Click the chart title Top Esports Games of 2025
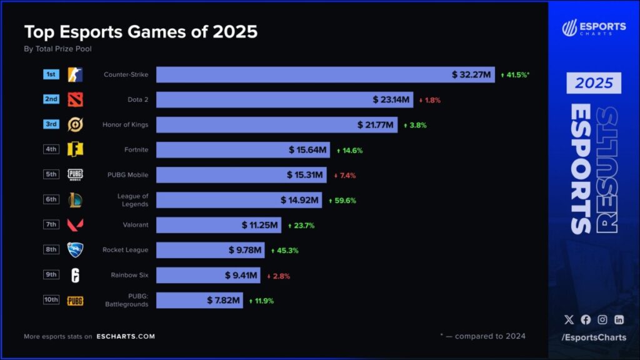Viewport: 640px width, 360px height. [x=141, y=32]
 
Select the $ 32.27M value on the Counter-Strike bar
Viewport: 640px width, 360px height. [x=473, y=74]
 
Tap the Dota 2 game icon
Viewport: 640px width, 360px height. [x=76, y=99]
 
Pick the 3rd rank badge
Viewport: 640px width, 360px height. [x=51, y=124]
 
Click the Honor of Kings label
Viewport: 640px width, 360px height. [x=126, y=124]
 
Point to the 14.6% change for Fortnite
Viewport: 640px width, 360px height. [x=349, y=150]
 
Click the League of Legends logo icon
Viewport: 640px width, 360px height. [x=76, y=200]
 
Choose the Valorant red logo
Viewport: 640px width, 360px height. [x=76, y=225]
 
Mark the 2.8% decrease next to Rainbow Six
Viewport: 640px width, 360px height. [x=278, y=276]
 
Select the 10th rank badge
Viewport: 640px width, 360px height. [x=51, y=299]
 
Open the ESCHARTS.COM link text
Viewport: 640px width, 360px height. [x=126, y=336]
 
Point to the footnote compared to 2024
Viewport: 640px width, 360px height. [x=483, y=336]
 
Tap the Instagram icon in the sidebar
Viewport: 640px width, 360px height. [x=602, y=319]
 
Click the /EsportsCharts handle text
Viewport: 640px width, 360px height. [x=594, y=337]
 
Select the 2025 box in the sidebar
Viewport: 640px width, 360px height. [x=594, y=83]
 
